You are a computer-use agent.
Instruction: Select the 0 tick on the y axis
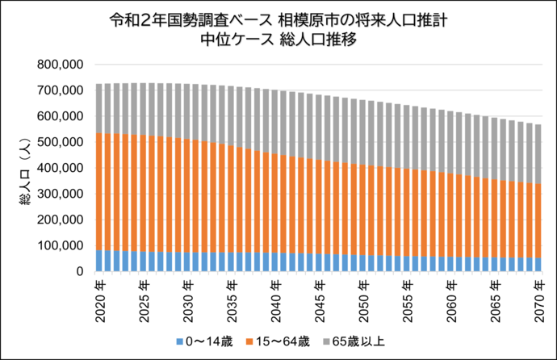[81, 272]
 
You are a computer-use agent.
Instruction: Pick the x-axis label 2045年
[320, 296]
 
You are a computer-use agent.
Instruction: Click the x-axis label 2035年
[232, 296]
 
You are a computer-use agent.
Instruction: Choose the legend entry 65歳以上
[358, 342]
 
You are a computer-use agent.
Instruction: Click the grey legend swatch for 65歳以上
[329, 342]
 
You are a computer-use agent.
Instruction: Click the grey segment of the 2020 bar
[99, 108]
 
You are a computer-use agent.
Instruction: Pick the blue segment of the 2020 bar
[99, 261]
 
